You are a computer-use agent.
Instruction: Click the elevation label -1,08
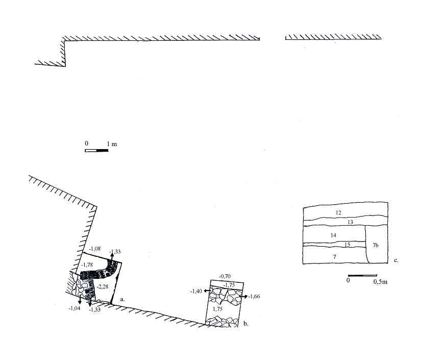point(95,249)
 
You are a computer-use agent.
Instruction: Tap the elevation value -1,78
point(87,265)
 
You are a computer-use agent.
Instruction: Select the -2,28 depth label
point(103,286)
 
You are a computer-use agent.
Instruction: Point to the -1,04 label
point(75,308)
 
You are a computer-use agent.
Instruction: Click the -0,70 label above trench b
point(225,276)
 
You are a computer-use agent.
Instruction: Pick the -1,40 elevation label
point(196,291)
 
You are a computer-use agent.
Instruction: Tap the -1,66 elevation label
point(254,296)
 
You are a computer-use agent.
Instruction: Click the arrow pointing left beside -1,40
point(207,291)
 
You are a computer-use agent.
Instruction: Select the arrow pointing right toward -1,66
point(244,296)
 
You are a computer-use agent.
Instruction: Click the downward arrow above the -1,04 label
point(80,300)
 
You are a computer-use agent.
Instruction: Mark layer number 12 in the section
point(338,212)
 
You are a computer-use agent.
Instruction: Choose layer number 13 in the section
point(350,222)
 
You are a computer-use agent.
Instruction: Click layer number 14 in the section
point(333,235)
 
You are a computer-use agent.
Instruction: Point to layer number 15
point(347,245)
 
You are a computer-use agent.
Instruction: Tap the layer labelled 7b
point(376,245)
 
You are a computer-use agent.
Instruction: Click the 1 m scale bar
point(96,151)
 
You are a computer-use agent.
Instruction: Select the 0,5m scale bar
point(362,275)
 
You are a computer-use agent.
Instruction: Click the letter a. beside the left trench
point(122,299)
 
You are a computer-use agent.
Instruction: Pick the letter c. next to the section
point(396,260)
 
